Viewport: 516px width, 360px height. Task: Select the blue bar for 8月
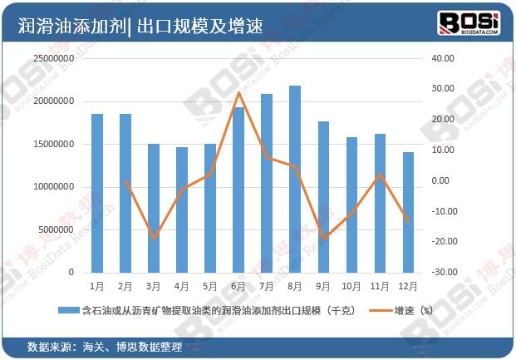295,179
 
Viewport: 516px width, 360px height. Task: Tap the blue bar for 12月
409,212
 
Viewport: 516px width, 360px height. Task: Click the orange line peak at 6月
239,92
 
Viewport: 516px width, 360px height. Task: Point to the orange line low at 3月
154,238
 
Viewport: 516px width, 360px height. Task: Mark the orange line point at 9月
324,238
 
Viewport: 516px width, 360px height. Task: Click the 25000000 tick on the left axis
51,59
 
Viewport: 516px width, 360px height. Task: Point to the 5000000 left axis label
54,229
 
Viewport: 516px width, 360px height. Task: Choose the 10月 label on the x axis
351,286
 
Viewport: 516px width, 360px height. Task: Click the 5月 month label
210,286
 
